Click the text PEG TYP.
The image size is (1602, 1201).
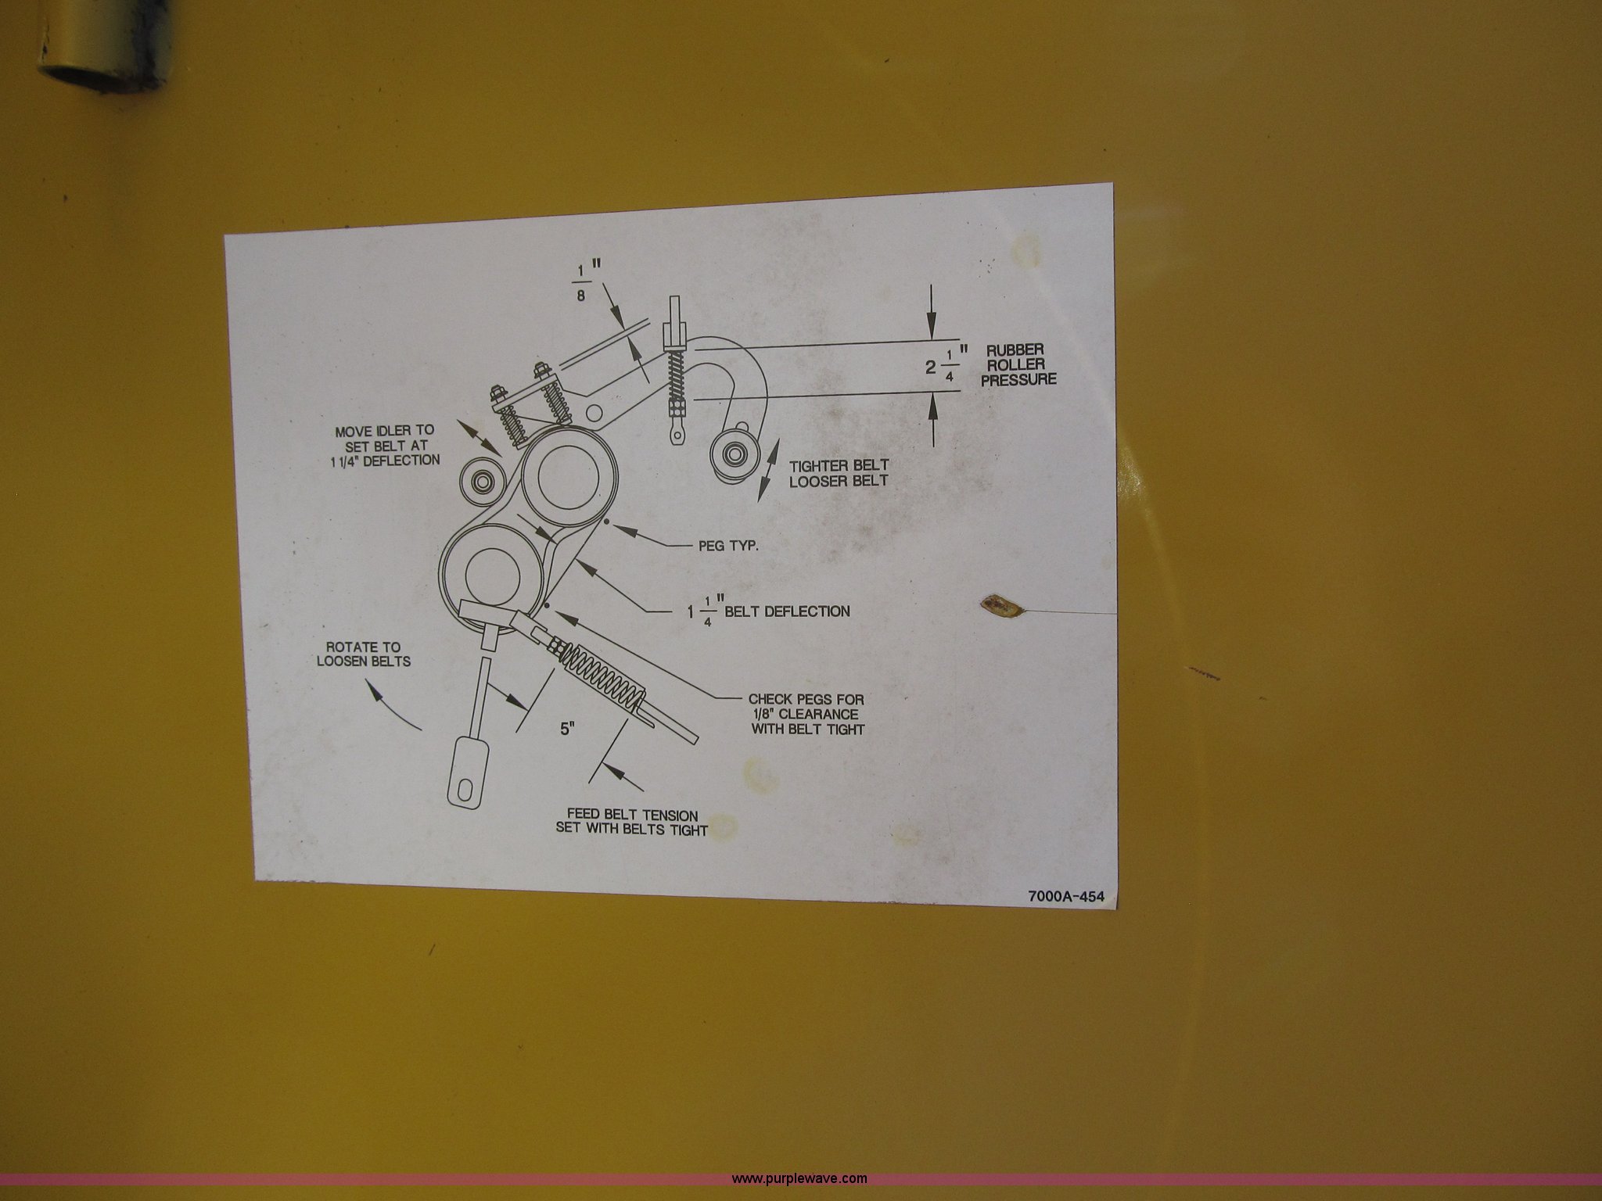[x=728, y=546]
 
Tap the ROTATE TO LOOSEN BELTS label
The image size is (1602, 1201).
[x=363, y=654]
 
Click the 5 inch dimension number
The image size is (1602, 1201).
[x=567, y=730]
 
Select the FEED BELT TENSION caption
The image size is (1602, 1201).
[x=632, y=823]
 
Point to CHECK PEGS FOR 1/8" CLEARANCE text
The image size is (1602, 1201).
[x=806, y=714]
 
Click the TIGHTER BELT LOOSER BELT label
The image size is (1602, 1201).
[x=839, y=472]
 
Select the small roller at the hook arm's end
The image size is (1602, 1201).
[x=735, y=453]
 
